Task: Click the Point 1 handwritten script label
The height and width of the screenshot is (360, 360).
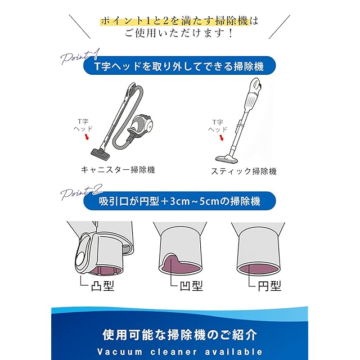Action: [80, 56]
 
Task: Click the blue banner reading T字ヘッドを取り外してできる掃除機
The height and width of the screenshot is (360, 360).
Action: [179, 66]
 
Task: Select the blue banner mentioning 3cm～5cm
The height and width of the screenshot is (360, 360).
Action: [179, 201]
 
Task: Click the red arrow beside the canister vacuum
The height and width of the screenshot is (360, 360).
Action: [87, 137]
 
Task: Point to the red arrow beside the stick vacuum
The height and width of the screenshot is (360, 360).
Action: [222, 138]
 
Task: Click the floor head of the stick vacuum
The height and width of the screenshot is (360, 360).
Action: [227, 159]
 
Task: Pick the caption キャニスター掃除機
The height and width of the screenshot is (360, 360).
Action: [118, 170]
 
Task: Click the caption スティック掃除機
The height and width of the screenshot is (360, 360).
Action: [244, 171]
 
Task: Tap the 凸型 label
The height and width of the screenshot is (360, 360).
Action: [102, 286]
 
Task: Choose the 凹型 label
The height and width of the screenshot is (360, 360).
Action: [191, 286]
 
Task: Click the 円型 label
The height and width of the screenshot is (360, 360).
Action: [269, 286]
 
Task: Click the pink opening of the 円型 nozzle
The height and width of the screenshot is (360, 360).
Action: [258, 269]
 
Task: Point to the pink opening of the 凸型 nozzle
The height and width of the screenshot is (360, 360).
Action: [105, 271]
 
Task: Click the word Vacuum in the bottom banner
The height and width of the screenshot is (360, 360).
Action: [120, 352]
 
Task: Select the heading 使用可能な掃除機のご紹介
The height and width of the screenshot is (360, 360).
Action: [179, 335]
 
